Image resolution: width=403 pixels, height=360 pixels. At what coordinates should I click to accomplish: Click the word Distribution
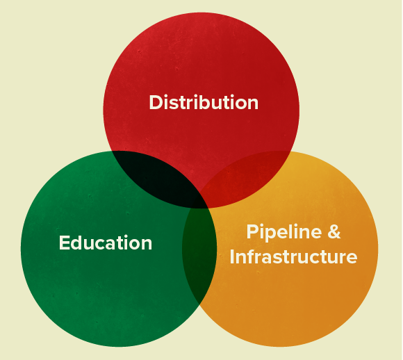pos(204,102)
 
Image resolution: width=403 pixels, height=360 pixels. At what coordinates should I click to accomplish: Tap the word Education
pos(106,243)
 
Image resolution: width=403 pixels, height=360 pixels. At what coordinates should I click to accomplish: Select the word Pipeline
pos(284,232)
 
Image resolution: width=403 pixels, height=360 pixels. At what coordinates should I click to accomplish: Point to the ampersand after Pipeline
pos(334,231)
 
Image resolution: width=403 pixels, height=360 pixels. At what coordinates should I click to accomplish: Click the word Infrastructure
pos(293,256)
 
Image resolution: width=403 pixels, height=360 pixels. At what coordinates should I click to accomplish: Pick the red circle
pos(201,77)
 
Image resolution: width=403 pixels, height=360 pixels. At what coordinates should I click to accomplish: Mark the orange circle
pos(295,283)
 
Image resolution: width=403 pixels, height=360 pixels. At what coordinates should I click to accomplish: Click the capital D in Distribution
pos(156,102)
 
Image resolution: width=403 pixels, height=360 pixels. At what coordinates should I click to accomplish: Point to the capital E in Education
pos(64,243)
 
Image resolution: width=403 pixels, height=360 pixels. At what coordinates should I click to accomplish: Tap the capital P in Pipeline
pos(252,231)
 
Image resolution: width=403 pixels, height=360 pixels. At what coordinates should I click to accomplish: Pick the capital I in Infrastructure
pos(232,256)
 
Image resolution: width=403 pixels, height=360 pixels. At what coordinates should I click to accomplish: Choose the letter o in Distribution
pos(239,104)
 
